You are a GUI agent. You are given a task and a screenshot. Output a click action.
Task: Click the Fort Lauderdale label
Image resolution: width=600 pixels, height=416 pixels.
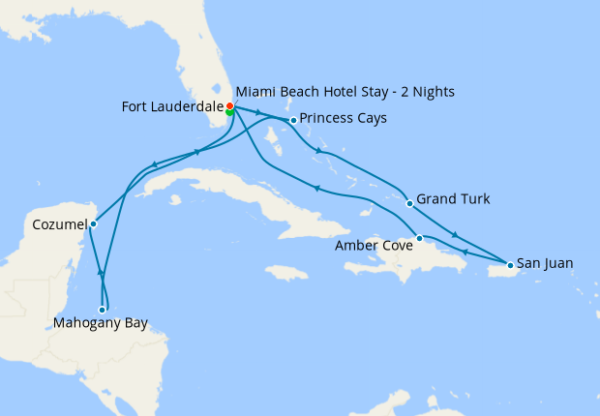coord(172,105)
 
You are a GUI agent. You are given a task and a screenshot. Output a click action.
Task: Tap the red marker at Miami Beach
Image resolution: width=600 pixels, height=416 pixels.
coord(229,105)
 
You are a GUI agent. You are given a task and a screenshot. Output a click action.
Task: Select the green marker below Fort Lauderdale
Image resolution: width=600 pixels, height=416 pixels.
coord(229,112)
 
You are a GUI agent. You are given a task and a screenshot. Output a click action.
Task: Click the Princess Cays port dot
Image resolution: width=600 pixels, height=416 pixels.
coord(293,120)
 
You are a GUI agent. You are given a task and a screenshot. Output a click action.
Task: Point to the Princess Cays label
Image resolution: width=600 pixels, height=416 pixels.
coord(344,119)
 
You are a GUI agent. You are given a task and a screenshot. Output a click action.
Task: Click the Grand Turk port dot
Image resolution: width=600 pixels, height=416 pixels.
coord(409,203)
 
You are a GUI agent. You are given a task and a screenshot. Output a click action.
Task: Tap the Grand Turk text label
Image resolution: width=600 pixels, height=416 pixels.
coord(453,199)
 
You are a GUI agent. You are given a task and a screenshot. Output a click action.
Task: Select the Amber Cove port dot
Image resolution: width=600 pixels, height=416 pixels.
coord(419,238)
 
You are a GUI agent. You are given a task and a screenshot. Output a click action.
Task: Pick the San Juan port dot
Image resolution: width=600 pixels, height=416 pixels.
coord(510,264)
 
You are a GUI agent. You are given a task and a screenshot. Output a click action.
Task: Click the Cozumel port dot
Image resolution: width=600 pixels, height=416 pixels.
coord(93,224)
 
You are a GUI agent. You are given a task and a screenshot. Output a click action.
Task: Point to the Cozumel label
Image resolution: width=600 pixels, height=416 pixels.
coord(54,223)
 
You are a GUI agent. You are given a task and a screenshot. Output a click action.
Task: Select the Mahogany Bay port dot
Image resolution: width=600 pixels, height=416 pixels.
coord(103,310)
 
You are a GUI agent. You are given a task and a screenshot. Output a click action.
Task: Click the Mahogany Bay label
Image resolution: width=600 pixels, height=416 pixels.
coord(101,324)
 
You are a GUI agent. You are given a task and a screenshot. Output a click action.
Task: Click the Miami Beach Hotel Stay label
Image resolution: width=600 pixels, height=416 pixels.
coord(345,92)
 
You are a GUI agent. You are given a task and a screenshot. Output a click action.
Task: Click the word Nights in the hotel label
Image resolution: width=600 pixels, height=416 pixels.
coord(433,92)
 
